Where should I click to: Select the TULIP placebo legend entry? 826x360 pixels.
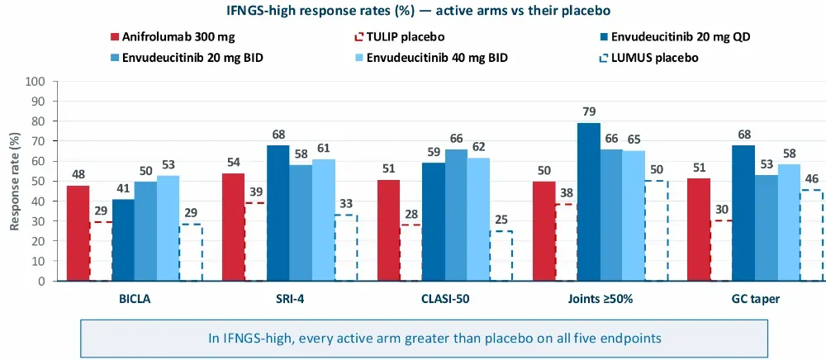click(400, 37)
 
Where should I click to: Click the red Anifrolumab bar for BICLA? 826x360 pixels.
click(78, 233)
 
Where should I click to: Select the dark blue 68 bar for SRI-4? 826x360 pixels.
click(278, 213)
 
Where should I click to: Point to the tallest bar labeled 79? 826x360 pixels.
click(589, 202)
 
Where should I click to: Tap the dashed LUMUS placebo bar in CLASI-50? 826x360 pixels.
click(501, 256)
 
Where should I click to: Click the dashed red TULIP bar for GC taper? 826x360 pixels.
click(721, 250)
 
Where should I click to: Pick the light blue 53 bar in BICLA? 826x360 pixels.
click(168, 229)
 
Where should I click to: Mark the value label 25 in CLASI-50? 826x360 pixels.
click(501, 220)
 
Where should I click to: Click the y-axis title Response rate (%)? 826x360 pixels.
click(15, 181)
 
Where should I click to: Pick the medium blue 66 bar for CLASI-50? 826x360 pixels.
click(456, 216)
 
